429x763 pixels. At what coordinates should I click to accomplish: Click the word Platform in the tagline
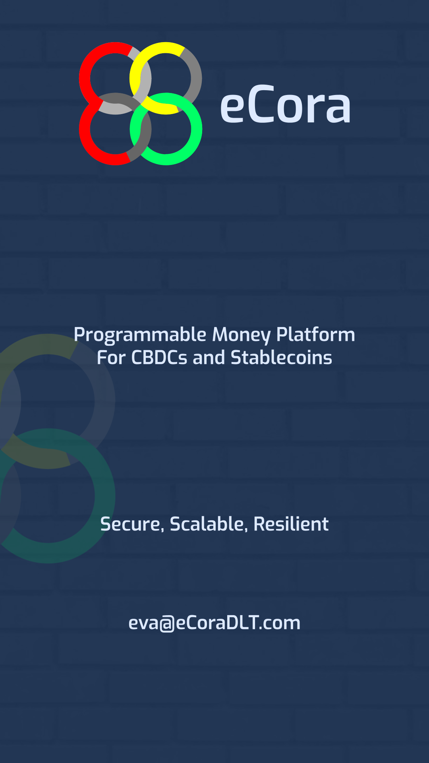315,334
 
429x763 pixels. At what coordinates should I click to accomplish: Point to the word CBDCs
159,358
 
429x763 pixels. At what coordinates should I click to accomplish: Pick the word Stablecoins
281,358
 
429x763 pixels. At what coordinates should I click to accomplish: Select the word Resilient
291,524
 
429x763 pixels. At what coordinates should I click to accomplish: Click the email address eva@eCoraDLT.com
214,623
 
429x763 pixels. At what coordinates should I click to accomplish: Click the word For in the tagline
111,358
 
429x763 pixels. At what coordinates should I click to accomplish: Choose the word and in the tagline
209,358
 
